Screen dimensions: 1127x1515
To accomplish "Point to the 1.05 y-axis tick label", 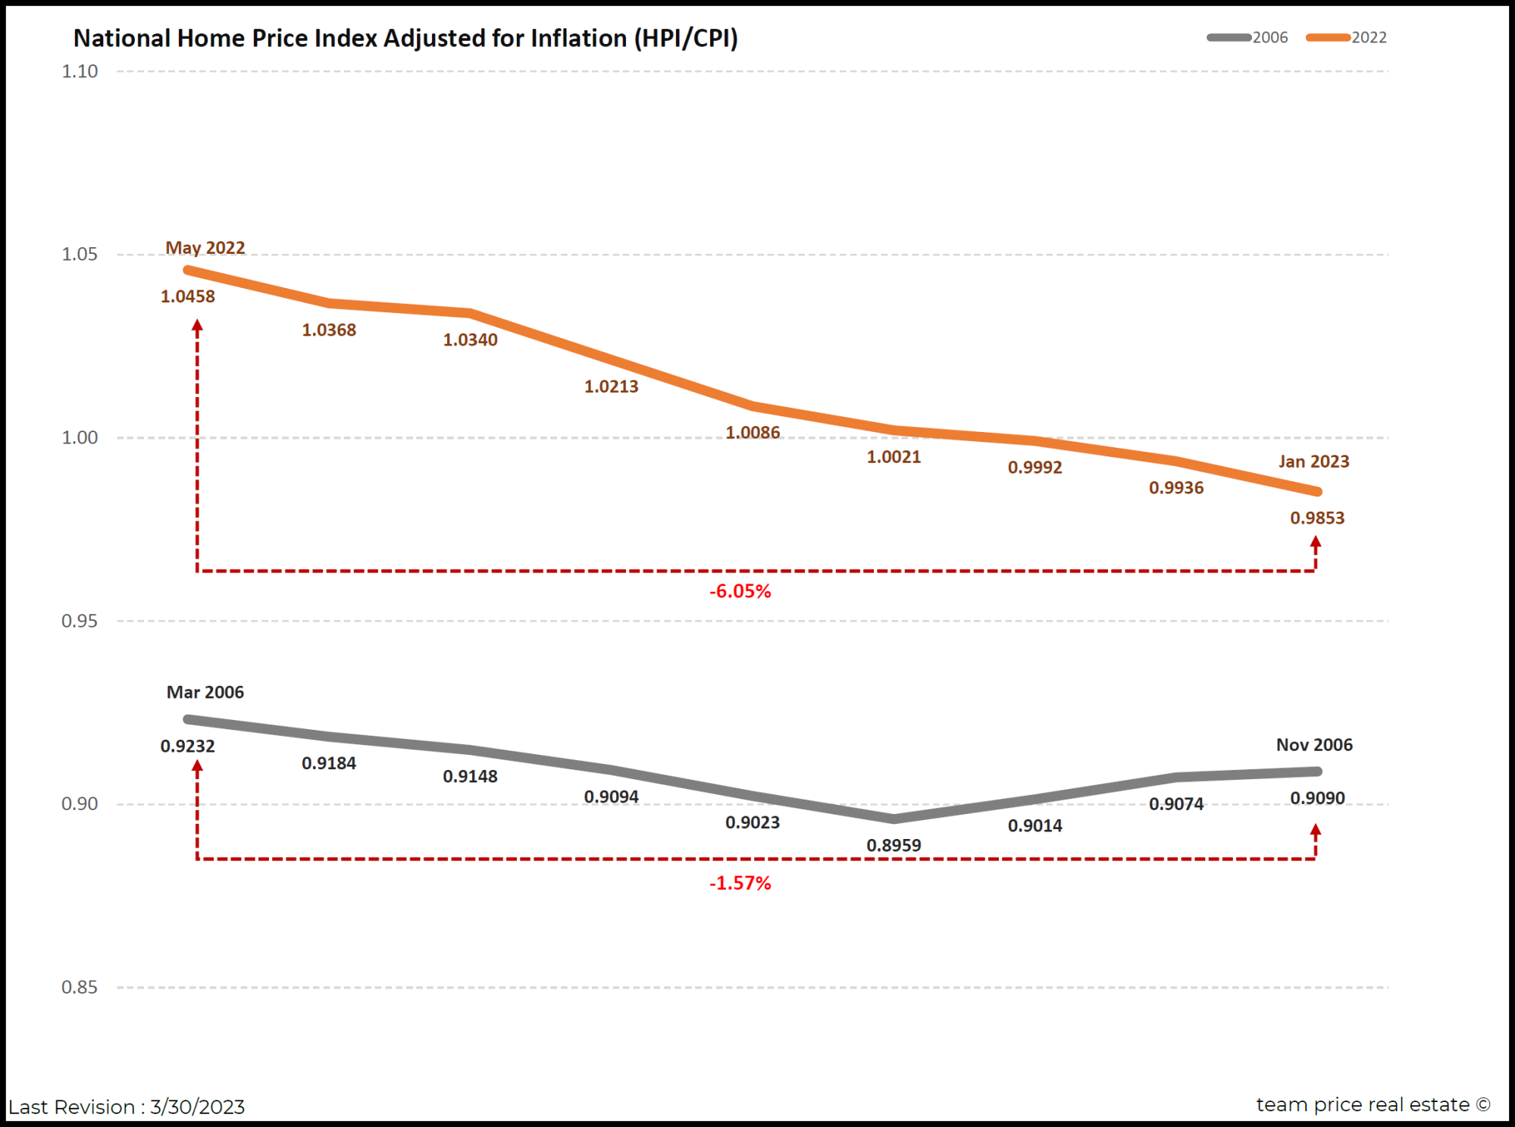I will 80,254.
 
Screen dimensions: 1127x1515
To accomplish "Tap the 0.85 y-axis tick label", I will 80,987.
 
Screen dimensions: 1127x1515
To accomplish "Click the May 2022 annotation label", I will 205,248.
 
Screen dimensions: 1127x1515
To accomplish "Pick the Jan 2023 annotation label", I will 1313,462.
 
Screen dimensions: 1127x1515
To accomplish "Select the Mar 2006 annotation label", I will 205,692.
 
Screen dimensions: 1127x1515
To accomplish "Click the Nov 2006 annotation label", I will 1314,744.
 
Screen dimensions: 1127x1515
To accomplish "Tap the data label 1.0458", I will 188,296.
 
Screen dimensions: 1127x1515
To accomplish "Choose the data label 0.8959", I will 894,845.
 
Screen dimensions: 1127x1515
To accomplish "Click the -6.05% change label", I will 740,591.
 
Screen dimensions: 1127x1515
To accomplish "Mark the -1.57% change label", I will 740,883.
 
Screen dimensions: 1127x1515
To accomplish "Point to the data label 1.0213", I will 611,387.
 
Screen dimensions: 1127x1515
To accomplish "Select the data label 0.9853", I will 1317,518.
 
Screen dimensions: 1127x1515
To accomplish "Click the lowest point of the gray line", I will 894,819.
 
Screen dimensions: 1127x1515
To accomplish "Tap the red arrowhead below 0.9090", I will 1316,831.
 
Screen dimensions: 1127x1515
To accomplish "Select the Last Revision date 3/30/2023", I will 197,1107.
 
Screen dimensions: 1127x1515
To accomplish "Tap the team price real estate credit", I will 1373,1104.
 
